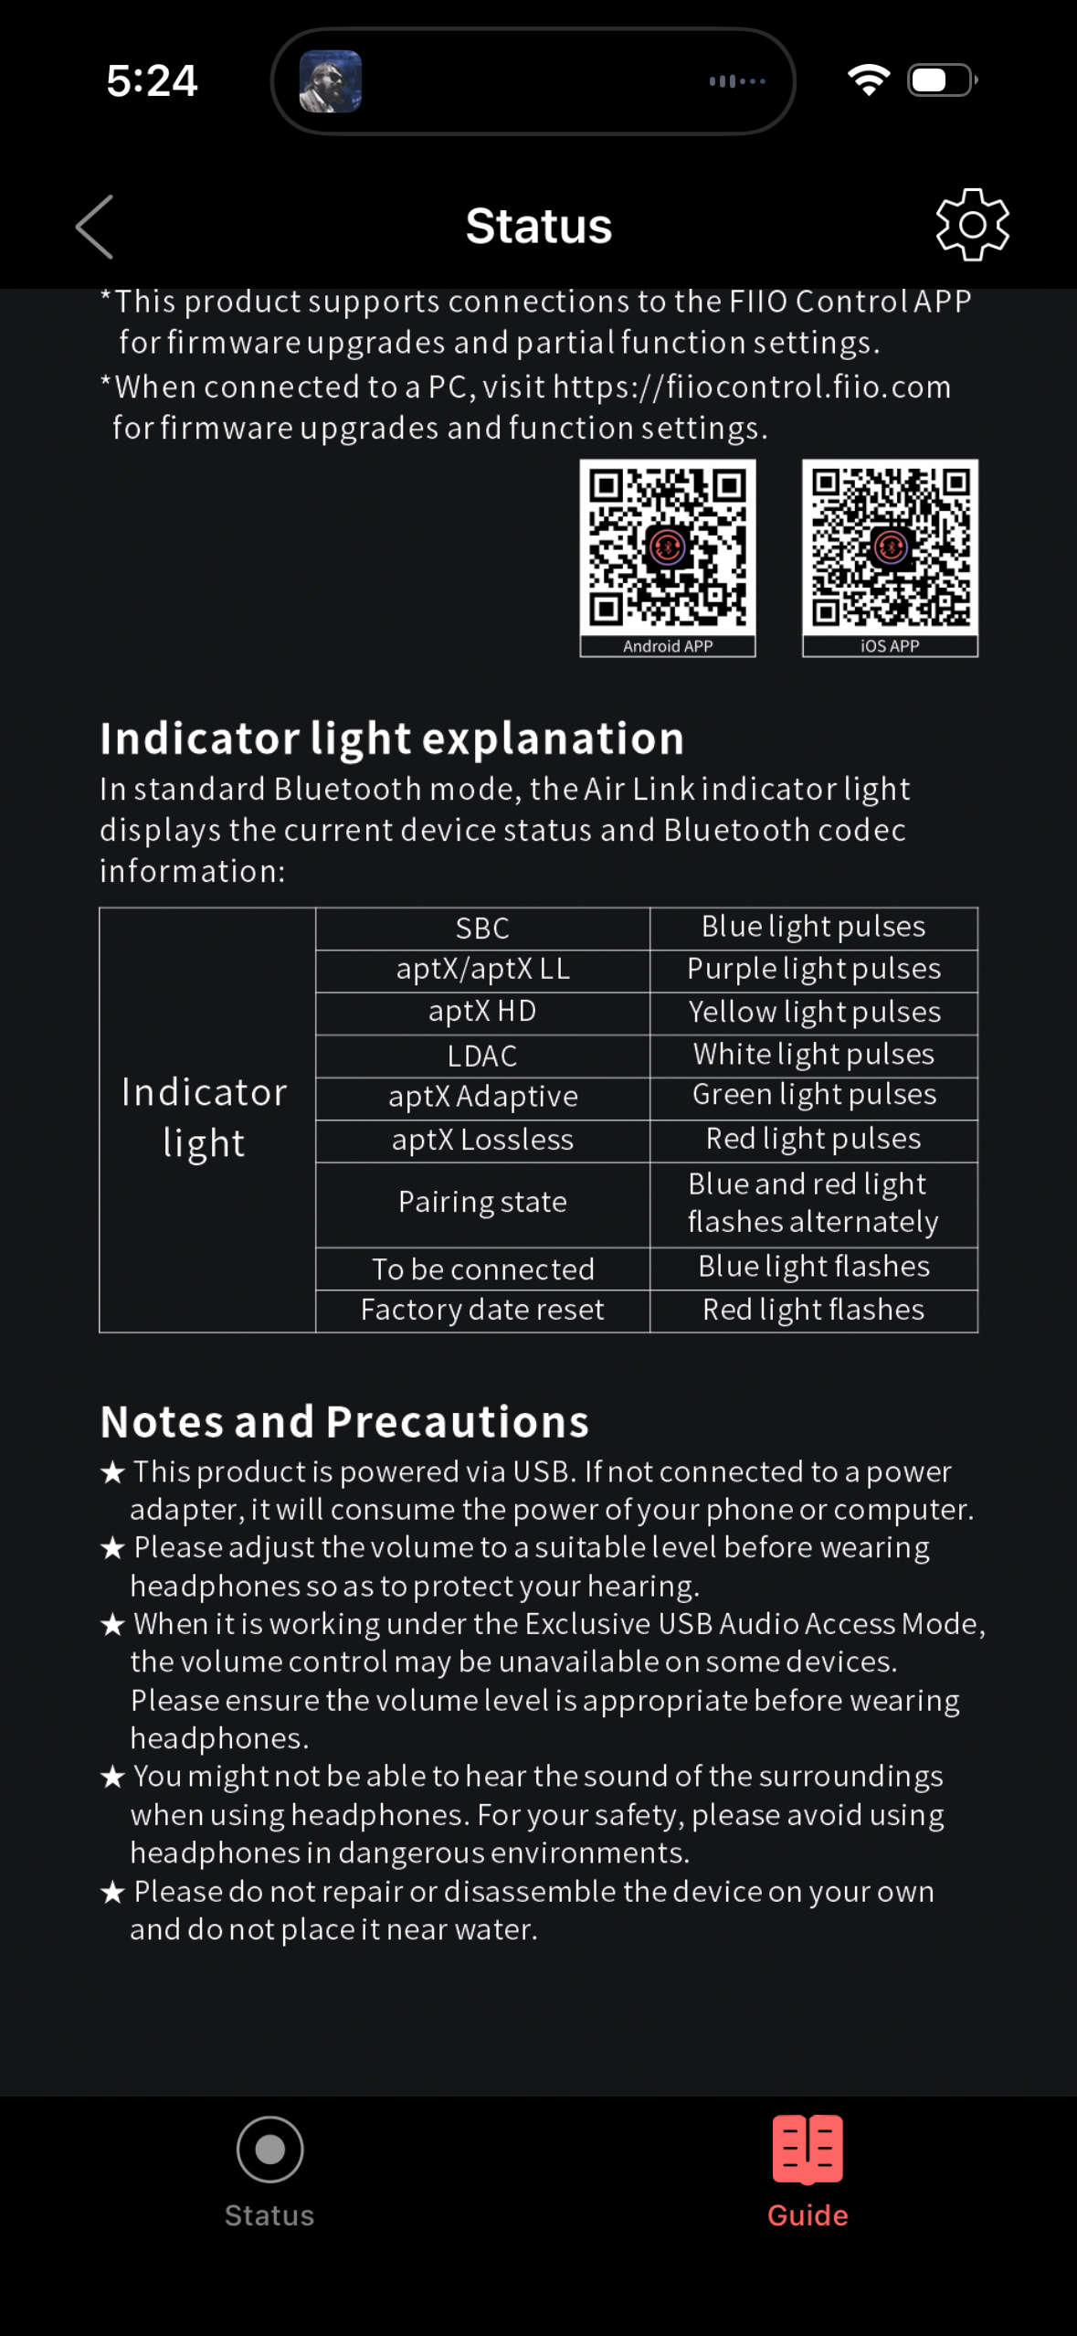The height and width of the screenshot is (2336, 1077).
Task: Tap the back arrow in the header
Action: (95, 227)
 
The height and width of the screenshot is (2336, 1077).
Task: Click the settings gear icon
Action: (972, 225)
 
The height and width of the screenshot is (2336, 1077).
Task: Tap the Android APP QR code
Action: (668, 547)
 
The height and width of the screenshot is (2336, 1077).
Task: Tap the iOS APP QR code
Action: (890, 547)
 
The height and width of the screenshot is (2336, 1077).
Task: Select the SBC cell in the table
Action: (482, 929)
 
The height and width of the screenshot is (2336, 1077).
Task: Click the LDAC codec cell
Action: (482, 1056)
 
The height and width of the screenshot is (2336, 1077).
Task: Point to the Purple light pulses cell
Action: (813, 969)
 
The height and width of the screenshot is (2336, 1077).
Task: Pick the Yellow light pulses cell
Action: (813, 1012)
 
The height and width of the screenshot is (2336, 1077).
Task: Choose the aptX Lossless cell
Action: (482, 1140)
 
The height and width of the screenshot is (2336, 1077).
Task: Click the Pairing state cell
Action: (482, 1202)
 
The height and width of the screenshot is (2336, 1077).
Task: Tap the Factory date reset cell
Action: (482, 1310)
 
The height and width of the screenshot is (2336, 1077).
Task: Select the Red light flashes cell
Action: (813, 1310)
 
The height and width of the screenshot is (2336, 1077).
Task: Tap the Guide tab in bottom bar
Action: (808, 2171)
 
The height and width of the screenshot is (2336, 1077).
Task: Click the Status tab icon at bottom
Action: (269, 2150)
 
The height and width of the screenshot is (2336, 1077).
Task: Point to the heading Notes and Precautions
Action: (344, 1422)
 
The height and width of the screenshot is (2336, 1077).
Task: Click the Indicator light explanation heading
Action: (392, 738)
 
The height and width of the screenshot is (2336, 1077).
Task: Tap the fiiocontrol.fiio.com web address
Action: (751, 388)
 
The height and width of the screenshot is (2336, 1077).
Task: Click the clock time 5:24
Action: (152, 80)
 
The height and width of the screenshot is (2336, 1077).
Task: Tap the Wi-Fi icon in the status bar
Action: (869, 80)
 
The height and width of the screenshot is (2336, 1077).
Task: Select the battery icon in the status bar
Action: (942, 80)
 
